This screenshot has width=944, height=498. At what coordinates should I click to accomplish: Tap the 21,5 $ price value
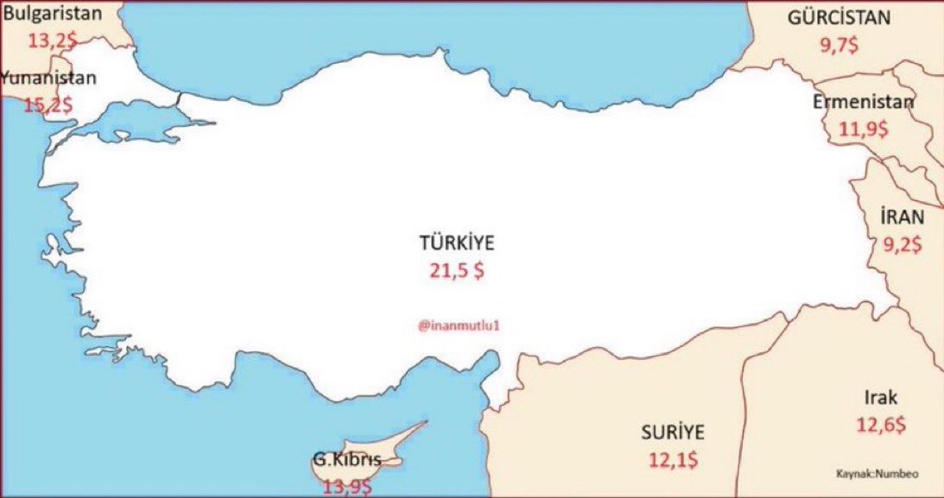pyautogui.click(x=457, y=270)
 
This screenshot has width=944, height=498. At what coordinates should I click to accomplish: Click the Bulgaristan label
pyautogui.click(x=52, y=13)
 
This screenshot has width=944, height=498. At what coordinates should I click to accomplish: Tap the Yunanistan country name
pyautogui.click(x=48, y=78)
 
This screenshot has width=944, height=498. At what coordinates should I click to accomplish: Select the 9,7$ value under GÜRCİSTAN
pyautogui.click(x=839, y=47)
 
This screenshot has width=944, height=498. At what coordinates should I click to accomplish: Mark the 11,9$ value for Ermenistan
pyautogui.click(x=863, y=129)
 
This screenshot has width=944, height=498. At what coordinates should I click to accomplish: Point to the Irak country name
pyautogui.click(x=881, y=398)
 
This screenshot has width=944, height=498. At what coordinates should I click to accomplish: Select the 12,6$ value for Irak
pyautogui.click(x=881, y=425)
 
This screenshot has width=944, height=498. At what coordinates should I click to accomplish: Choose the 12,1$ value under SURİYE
pyautogui.click(x=674, y=459)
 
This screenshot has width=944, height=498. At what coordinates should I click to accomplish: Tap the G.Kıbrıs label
pyautogui.click(x=345, y=460)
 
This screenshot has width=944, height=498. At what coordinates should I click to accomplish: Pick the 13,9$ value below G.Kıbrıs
pyautogui.click(x=347, y=488)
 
